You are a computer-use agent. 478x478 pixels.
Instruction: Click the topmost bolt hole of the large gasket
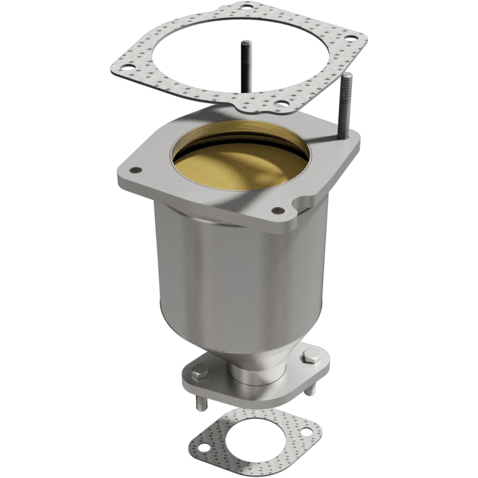246,7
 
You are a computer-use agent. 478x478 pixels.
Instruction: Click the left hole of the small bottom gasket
203,445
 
